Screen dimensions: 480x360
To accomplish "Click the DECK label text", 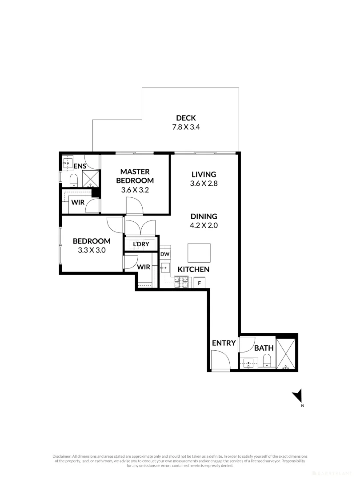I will (186, 118).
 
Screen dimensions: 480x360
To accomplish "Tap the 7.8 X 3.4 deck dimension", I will (186, 127).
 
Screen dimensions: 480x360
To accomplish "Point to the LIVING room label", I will (204, 174).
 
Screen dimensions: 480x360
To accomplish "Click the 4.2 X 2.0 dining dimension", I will (204, 225).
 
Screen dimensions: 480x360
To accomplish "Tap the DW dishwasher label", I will (164, 254).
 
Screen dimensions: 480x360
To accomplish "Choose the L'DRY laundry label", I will (141, 244).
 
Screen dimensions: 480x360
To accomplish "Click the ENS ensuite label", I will (80, 166).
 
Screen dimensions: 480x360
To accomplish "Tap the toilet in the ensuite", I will (74, 180).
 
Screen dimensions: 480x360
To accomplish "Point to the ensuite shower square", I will (92, 180).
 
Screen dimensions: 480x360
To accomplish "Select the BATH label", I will (264, 348).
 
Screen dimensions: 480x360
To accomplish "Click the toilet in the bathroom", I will (267, 361).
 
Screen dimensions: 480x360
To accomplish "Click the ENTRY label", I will (224, 343).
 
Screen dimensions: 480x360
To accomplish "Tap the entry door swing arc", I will (220, 359).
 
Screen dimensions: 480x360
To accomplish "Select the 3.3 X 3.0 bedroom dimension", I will (92, 250).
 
